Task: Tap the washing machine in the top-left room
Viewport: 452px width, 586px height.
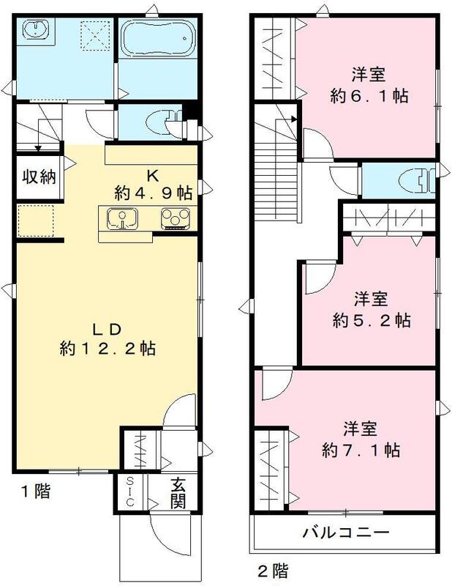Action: click(34, 30)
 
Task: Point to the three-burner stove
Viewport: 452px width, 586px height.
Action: click(176, 218)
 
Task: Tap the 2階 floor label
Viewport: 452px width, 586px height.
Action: click(271, 568)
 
